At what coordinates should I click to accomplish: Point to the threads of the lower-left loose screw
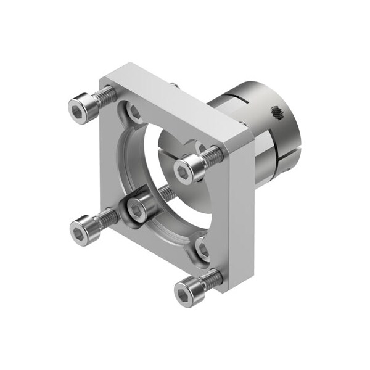(x=107, y=216)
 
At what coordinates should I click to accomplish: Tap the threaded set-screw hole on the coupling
(x=276, y=113)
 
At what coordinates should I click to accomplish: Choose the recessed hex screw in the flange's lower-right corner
(x=203, y=249)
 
